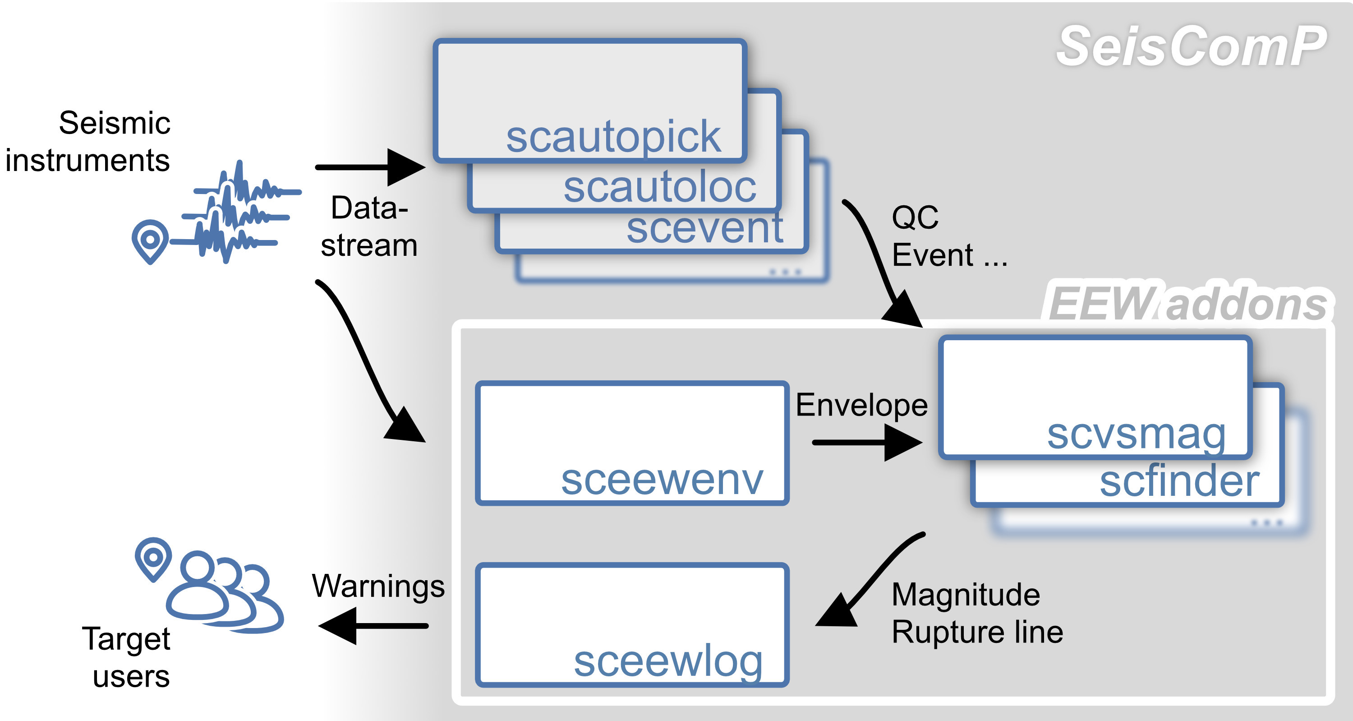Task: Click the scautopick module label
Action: point(613,138)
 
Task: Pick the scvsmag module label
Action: point(1137,434)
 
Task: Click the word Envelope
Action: point(862,405)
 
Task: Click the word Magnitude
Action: point(966,595)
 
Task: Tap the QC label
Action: point(915,217)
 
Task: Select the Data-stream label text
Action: point(369,226)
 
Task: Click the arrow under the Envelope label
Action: point(867,443)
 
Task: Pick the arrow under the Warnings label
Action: point(373,626)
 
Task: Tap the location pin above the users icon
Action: point(153,559)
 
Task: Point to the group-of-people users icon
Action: point(225,591)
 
